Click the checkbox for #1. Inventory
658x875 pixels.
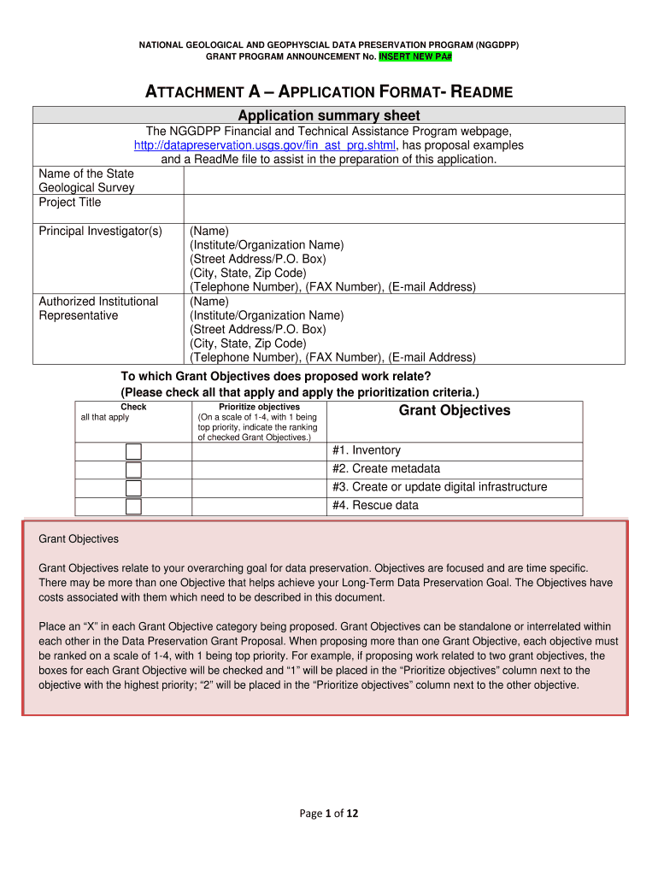pos(133,451)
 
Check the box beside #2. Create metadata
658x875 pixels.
pos(133,469)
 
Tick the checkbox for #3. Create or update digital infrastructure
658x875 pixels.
pos(133,488)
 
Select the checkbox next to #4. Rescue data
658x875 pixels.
pos(133,506)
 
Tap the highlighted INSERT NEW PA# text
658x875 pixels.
pos(418,56)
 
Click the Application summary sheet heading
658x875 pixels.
pos(329,115)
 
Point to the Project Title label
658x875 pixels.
pos(70,203)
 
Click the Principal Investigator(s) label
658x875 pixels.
pos(100,232)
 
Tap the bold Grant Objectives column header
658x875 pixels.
pos(455,411)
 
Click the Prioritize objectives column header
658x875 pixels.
pos(259,407)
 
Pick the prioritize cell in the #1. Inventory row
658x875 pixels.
pos(259,451)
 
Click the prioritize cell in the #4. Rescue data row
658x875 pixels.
pos(259,506)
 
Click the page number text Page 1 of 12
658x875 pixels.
pos(329,813)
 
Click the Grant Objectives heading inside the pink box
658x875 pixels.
pos(79,539)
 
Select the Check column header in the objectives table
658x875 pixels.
pos(133,407)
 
